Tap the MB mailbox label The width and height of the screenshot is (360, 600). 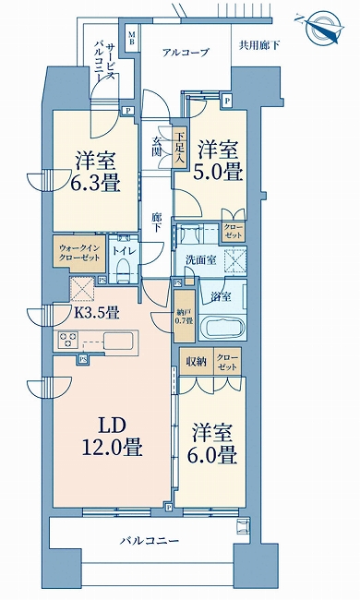point(132,40)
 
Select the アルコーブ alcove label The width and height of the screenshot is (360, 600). point(186,52)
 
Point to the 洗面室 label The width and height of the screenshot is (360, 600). point(200,261)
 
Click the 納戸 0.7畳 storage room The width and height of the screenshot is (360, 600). point(184,316)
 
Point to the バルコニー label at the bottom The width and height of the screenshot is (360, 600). point(149,542)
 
